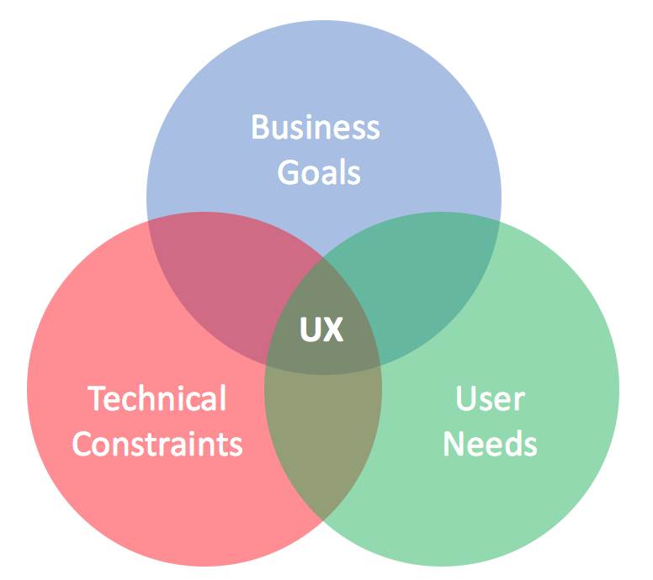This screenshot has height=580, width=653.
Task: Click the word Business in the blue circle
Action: [x=316, y=129]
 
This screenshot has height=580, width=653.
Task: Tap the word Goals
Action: [x=319, y=172]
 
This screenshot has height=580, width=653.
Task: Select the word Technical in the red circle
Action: [x=157, y=398]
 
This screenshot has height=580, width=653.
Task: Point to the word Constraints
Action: [x=157, y=443]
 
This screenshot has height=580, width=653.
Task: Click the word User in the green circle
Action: [x=490, y=398]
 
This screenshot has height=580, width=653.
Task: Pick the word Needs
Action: [x=490, y=443]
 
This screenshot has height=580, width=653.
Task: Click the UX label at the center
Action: [x=322, y=330]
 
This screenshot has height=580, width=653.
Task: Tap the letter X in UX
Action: [x=333, y=330]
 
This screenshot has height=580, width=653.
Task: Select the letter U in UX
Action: [x=311, y=330]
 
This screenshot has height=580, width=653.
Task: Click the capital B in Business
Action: [x=260, y=129]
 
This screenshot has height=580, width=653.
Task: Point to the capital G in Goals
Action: [x=289, y=172]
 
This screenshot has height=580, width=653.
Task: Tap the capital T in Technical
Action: [x=98, y=398]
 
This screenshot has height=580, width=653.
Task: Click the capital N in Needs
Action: [x=454, y=443]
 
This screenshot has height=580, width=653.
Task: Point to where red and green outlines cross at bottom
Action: [x=323, y=525]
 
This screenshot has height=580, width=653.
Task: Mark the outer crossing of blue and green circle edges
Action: [x=498, y=223]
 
